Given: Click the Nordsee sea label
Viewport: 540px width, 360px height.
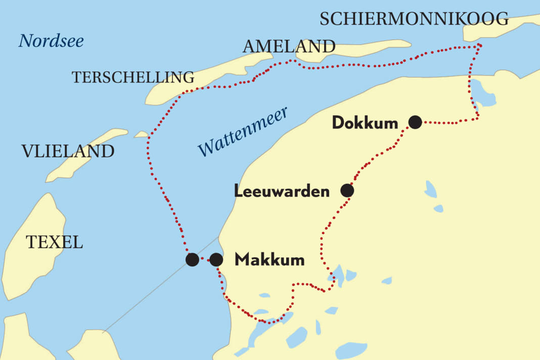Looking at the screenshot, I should pyautogui.click(x=51, y=41).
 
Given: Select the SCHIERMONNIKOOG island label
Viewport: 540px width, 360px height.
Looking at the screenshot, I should pyautogui.click(x=414, y=19).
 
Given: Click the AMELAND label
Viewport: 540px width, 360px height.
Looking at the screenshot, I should pyautogui.click(x=289, y=47).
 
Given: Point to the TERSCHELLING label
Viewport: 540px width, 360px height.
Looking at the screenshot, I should pyautogui.click(x=133, y=77).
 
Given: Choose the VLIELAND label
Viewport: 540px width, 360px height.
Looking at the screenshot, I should pyautogui.click(x=68, y=151).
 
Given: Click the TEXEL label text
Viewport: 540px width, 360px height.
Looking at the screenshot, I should pyautogui.click(x=54, y=242).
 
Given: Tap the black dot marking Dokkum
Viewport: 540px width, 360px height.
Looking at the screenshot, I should pyautogui.click(x=415, y=122).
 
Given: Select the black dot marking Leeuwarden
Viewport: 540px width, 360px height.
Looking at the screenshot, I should pyautogui.click(x=347, y=191).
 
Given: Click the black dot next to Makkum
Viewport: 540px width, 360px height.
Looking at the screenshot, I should pyautogui.click(x=216, y=260).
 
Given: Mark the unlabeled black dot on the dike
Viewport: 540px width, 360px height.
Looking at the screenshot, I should pyautogui.click(x=192, y=260).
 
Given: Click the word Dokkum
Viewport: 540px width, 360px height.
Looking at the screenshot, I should pyautogui.click(x=365, y=123).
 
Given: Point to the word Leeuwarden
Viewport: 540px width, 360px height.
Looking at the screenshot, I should pyautogui.click(x=282, y=192).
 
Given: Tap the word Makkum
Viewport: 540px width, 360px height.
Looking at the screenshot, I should pyautogui.click(x=269, y=260).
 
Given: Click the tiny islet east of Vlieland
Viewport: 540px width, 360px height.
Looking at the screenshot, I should pyautogui.click(x=141, y=134).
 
